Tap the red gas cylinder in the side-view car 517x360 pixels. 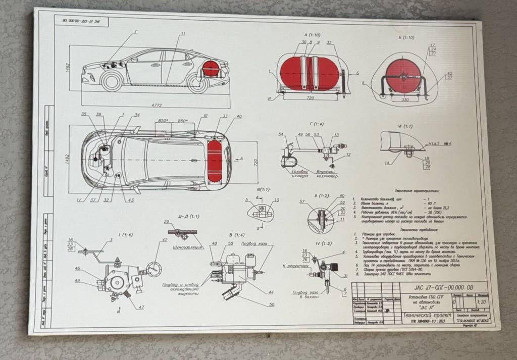coord(211,69)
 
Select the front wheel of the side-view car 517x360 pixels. coord(112,81)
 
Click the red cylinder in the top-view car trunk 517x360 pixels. coord(215,159)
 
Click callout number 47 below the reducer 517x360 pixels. coord(141,307)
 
